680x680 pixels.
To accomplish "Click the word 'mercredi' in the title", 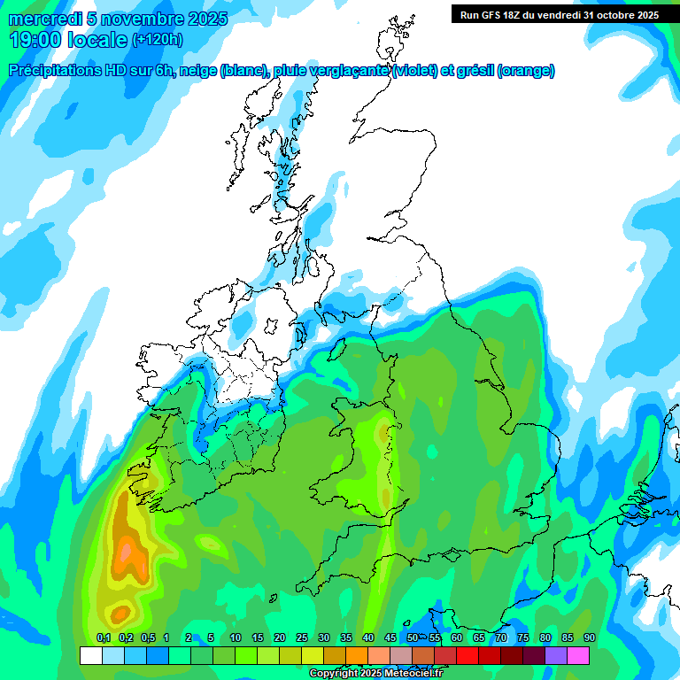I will click(x=41, y=19).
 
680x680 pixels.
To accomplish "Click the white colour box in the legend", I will click(x=90, y=656).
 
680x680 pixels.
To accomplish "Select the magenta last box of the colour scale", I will click(x=578, y=656).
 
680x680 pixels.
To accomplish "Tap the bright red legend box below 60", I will click(x=467, y=656).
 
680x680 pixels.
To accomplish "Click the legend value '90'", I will click(x=589, y=637).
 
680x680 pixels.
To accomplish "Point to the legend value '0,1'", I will click(x=103, y=637).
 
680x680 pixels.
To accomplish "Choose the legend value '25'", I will click(x=302, y=637).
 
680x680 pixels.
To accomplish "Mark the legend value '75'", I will click(x=523, y=637).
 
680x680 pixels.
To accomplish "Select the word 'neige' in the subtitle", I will click(x=198, y=71).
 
